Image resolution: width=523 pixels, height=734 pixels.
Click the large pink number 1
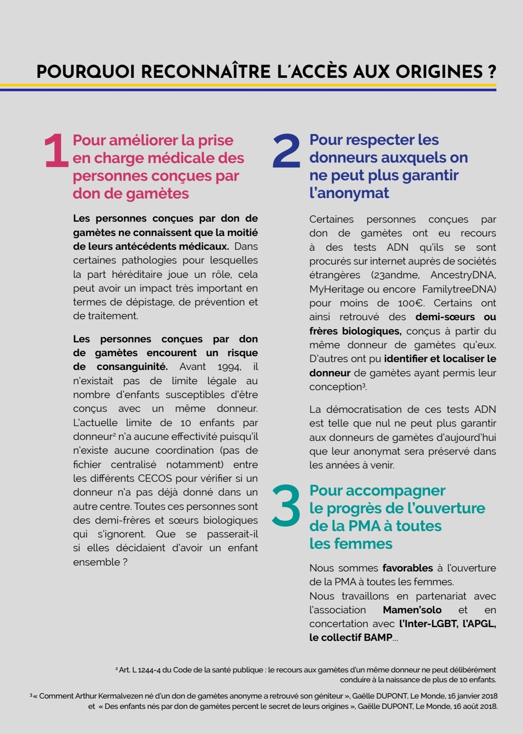point(56,151)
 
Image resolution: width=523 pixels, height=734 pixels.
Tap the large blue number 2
point(286,151)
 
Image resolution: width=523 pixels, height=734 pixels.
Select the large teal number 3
point(286,504)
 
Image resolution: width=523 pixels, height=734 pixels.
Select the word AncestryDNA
point(463,275)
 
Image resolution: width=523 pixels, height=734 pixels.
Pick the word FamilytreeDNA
point(459,289)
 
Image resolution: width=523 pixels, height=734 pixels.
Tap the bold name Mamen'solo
point(412,610)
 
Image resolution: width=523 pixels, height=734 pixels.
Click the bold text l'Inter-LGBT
point(427,624)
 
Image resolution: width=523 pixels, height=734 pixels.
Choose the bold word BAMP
point(378,637)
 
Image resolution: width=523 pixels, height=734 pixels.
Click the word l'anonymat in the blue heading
point(349,193)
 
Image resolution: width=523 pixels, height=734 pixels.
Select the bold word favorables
point(408,568)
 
